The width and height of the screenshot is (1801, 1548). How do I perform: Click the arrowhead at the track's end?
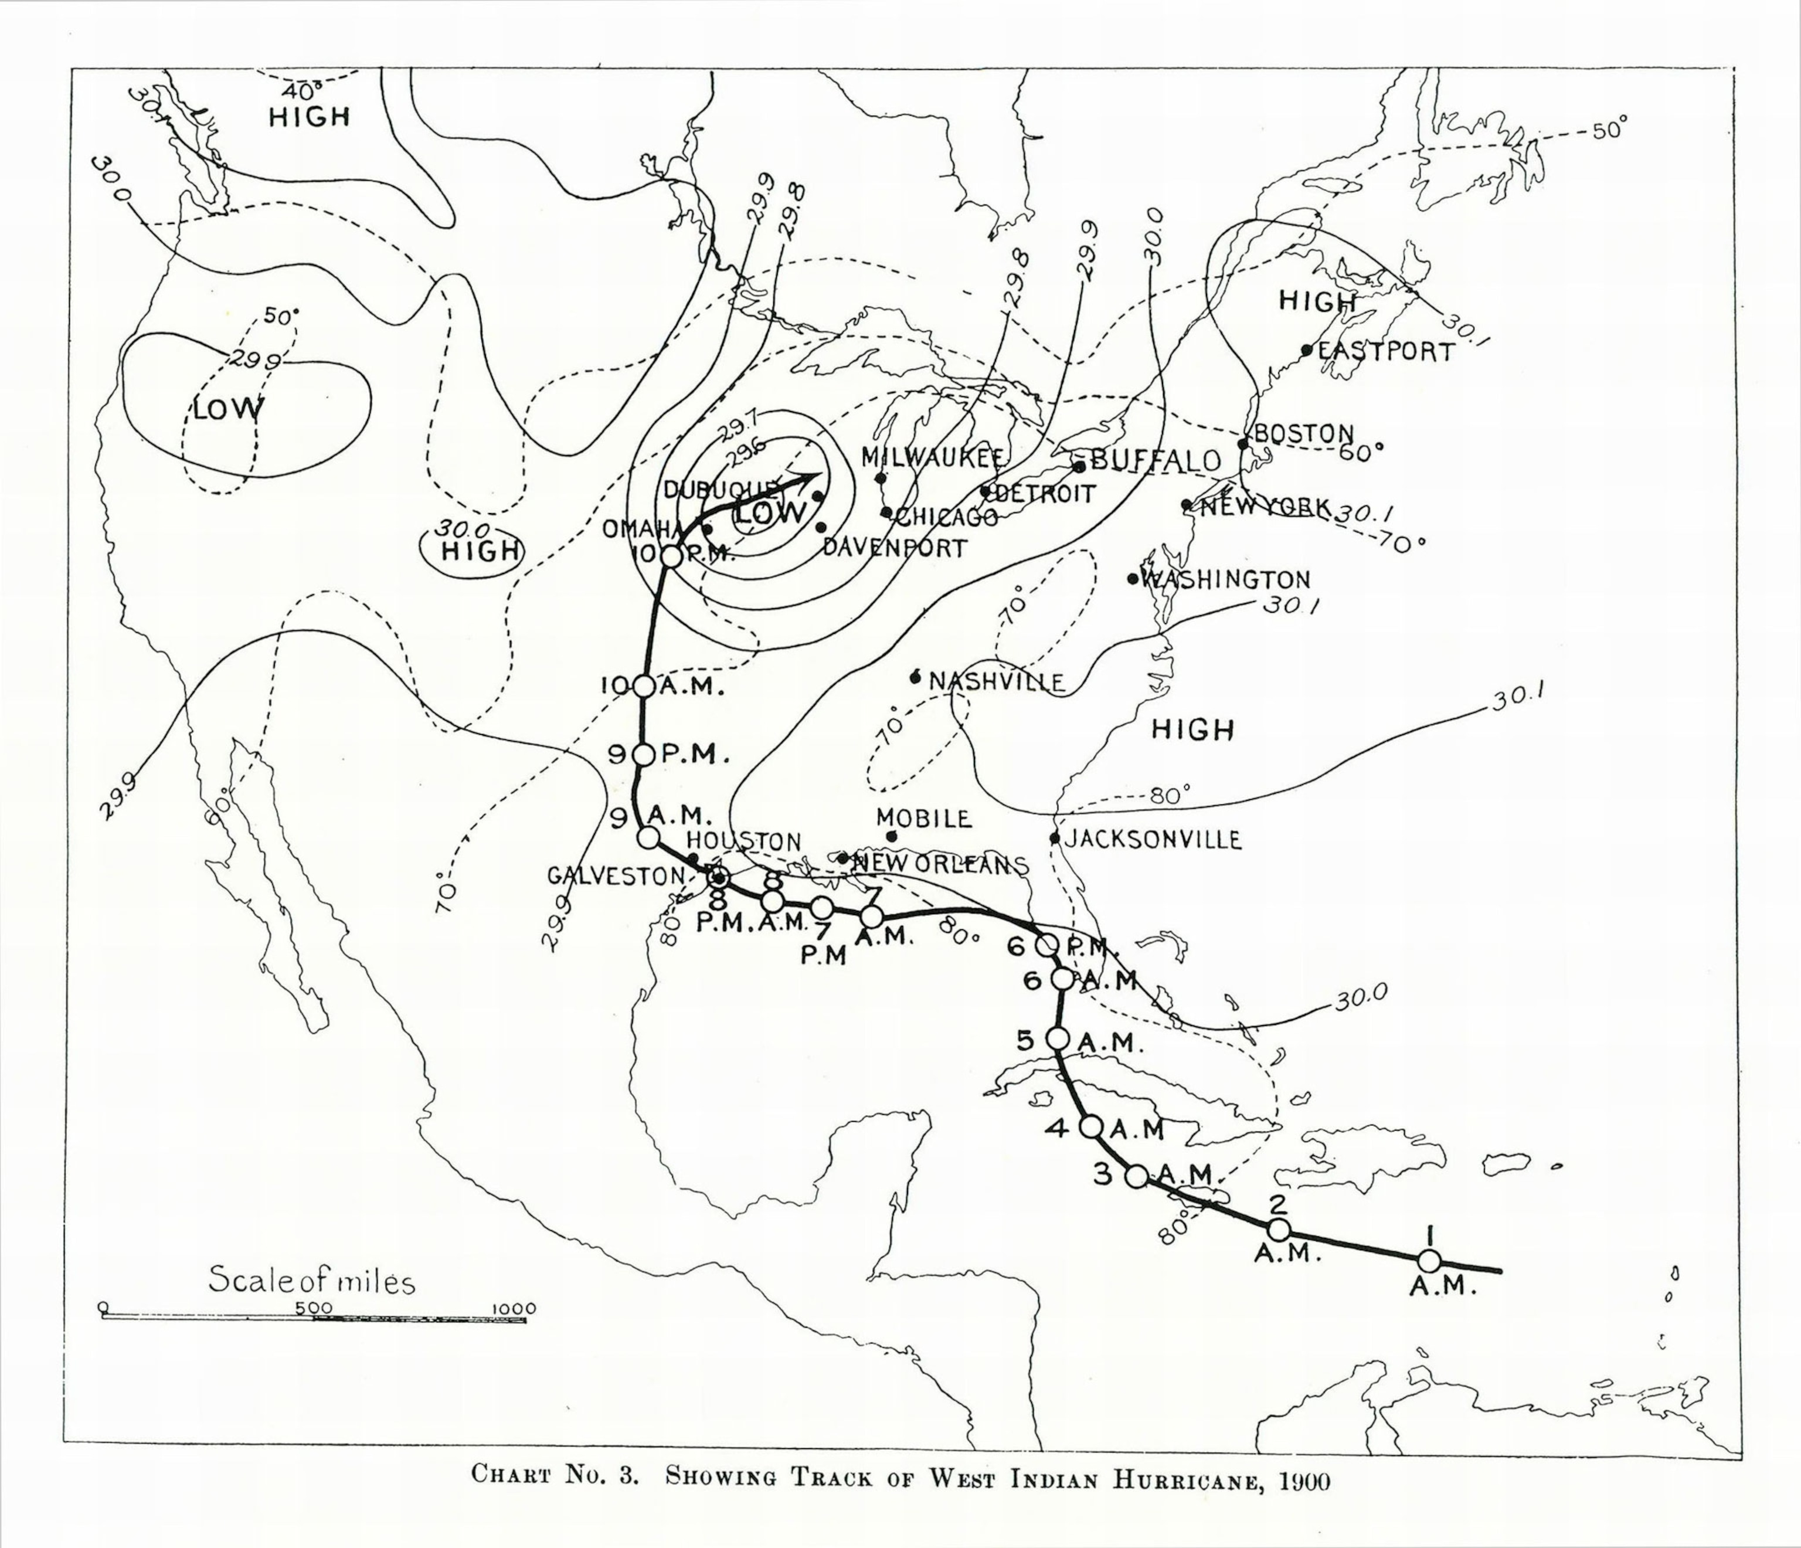[811, 477]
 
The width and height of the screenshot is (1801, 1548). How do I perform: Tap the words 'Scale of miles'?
[312, 1281]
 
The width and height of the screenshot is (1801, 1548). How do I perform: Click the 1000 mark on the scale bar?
[515, 1309]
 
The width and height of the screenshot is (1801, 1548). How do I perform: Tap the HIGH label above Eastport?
[1317, 301]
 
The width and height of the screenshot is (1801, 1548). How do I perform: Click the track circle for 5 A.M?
[1058, 1038]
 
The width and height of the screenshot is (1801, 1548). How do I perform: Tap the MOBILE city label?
[923, 818]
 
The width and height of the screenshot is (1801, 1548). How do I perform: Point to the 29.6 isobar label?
[745, 451]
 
